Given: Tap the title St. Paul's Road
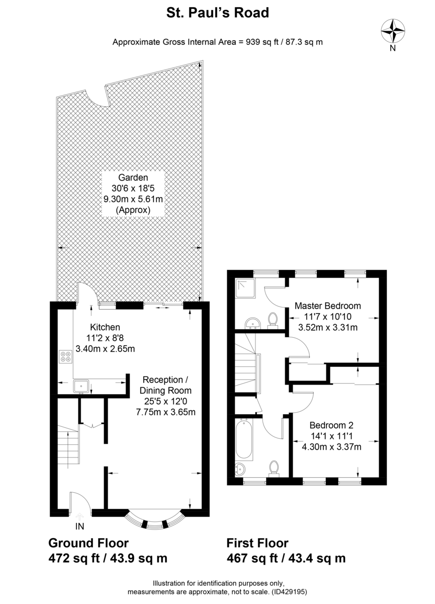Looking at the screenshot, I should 217,13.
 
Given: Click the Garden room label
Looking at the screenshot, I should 133,177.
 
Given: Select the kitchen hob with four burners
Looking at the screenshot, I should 66,356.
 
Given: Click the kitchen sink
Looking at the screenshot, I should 81,386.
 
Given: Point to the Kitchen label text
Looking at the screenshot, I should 105,327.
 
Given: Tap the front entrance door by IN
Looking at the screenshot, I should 79,503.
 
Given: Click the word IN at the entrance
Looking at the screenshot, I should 79,526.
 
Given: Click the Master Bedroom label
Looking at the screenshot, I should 327,306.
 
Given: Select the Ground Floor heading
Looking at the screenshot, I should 88,543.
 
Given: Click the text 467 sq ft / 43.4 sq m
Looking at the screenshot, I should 286,558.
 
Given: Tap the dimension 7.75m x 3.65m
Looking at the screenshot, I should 165,412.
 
